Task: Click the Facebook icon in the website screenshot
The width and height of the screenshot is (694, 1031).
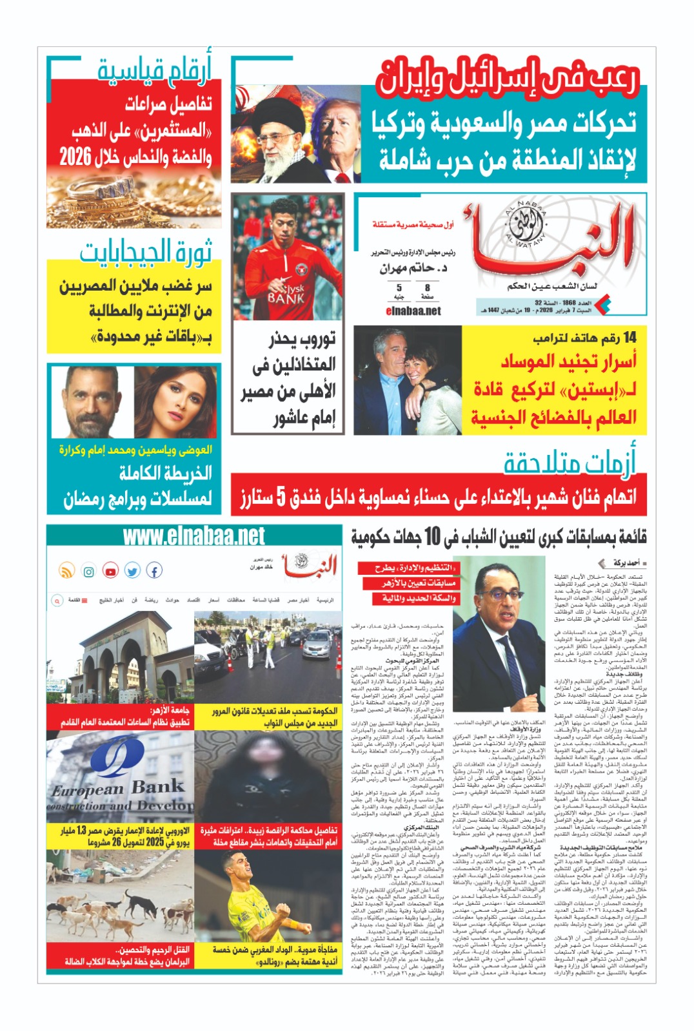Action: click(x=154, y=570)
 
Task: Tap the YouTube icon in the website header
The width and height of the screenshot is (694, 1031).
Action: click(x=110, y=571)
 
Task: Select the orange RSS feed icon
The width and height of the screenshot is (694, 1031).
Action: click(x=66, y=571)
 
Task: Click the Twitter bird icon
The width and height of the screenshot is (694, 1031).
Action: click(x=132, y=571)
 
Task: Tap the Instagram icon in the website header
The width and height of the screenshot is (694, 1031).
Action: click(x=88, y=571)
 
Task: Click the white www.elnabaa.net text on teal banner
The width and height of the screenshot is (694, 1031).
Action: click(x=193, y=536)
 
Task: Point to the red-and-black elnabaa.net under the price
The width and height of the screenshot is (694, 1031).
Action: click(x=413, y=311)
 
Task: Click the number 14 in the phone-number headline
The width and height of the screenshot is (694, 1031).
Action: click(x=626, y=337)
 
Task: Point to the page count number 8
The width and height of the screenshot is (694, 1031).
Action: click(x=427, y=288)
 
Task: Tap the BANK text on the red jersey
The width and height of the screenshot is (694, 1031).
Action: click(x=286, y=298)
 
